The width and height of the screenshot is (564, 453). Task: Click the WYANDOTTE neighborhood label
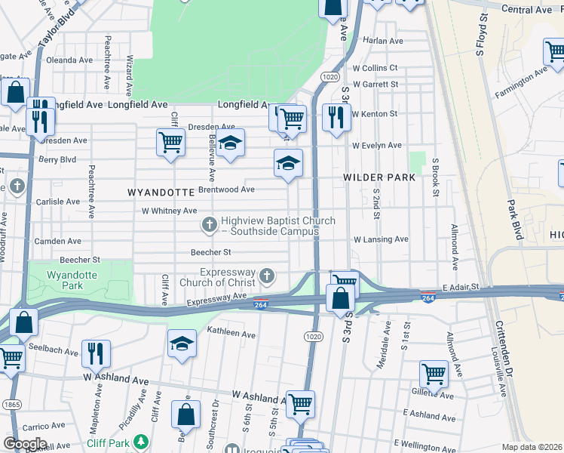[x=161, y=193]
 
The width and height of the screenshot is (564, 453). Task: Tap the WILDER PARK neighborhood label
[x=379, y=177]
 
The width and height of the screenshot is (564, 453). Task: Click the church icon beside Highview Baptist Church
[x=209, y=224]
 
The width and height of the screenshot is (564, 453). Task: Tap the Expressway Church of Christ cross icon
[x=265, y=275]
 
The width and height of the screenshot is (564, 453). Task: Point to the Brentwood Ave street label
[x=226, y=190]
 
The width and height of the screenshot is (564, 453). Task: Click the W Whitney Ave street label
[x=169, y=211]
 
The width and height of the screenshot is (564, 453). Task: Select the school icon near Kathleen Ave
[x=182, y=344]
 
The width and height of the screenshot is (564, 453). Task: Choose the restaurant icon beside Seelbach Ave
[x=96, y=353]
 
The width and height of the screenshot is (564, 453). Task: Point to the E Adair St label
[x=462, y=288]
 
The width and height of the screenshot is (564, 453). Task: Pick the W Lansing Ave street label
[x=381, y=239]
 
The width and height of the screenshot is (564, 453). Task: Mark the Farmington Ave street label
[x=520, y=84]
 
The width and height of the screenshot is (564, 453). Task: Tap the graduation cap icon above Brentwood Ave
[x=287, y=163]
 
